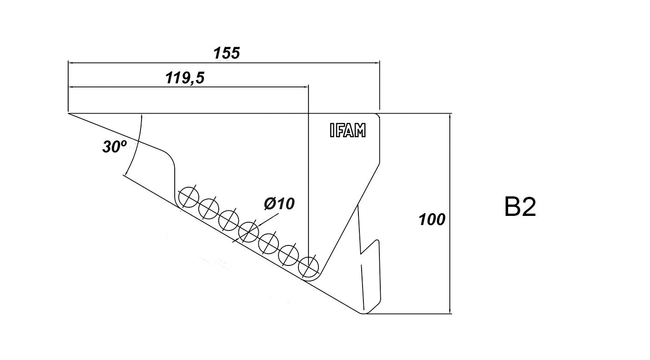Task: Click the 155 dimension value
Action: click(227, 53)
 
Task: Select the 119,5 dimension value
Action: click(185, 78)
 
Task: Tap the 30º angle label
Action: click(114, 146)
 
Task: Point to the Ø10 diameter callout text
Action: click(279, 204)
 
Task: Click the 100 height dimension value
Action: click(432, 220)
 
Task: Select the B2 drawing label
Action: click(520, 207)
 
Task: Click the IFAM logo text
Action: click(347, 131)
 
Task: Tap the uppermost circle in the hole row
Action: click(188, 197)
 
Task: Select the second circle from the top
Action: click(208, 209)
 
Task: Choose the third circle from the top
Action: click(228, 220)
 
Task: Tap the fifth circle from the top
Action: click(268, 243)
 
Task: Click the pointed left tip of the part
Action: click(69, 113)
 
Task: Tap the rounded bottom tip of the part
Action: click(364, 313)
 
